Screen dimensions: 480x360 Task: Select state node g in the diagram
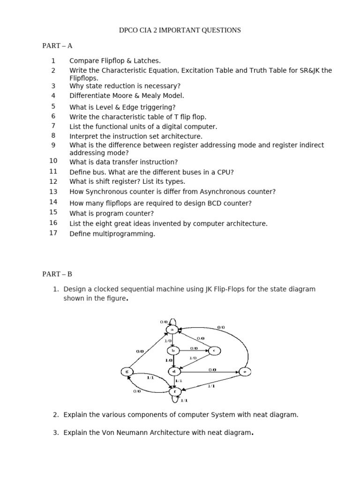[x=126, y=372]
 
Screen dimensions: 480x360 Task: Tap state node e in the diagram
[x=244, y=372]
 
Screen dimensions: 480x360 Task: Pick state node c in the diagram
[x=214, y=350]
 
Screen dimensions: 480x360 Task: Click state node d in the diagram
[x=174, y=372]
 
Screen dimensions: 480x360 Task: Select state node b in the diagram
[x=173, y=350]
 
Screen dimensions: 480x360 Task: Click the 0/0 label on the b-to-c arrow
[x=194, y=348]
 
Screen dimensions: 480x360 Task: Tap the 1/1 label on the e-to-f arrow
[x=211, y=386]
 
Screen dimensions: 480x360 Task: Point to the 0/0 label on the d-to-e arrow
[x=212, y=370]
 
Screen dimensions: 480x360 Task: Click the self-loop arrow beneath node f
[x=174, y=399]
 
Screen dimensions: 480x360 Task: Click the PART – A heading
[x=58, y=45]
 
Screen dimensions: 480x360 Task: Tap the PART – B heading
[x=58, y=274]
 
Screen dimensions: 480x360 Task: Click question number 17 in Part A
[x=53, y=233]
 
